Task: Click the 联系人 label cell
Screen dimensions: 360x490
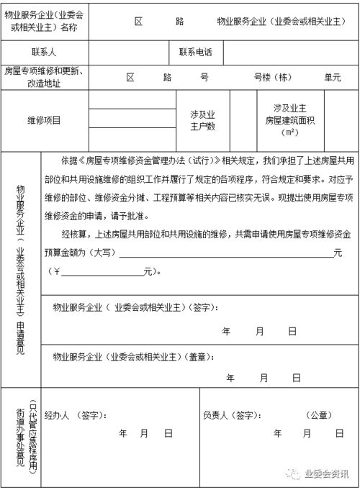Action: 44,53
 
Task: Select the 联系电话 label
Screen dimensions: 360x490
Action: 195,53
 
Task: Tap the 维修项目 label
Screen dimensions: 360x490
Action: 44,120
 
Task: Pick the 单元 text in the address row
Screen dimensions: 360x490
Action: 332,76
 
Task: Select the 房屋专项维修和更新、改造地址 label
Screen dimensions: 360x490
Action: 44,77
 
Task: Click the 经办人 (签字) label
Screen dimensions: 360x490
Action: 76,414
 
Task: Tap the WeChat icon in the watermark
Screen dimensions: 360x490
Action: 294,473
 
